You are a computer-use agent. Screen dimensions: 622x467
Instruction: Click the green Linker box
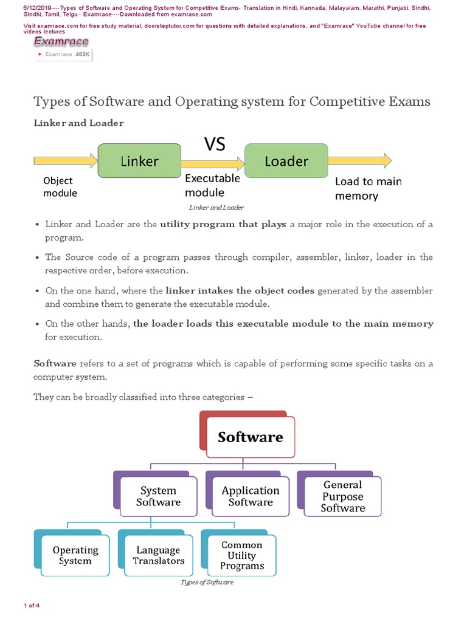[x=139, y=161]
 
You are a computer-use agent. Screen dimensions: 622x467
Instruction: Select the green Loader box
[x=286, y=161]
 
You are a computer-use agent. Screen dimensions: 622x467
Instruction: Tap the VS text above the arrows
[x=214, y=144]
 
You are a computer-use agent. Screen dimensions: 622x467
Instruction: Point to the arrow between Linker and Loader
[x=212, y=163]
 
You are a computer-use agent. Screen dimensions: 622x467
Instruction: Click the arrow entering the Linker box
[x=66, y=161]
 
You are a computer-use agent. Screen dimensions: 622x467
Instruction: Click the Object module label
[x=60, y=186]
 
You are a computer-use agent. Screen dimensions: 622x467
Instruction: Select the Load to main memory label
[x=368, y=188]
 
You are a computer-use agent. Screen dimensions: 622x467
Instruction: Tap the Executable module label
[x=212, y=185]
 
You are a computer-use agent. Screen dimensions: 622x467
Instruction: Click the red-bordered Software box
[x=250, y=437]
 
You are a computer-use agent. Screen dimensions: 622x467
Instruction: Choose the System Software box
[x=158, y=496]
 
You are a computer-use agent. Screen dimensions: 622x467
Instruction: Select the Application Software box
[x=251, y=496]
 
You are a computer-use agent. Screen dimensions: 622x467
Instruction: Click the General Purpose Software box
[x=342, y=496]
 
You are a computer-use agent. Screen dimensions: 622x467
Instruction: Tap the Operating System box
[x=75, y=555]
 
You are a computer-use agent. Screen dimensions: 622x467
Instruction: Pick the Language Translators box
[x=159, y=555]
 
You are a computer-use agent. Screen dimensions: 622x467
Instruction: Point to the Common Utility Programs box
[x=242, y=555]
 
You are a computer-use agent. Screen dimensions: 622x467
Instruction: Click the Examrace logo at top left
[x=61, y=41]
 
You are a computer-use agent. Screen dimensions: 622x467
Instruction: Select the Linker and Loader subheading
[x=78, y=123]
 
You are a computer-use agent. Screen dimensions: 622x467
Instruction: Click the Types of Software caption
[x=207, y=582]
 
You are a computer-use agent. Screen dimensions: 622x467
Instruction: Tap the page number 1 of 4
[x=32, y=605]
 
